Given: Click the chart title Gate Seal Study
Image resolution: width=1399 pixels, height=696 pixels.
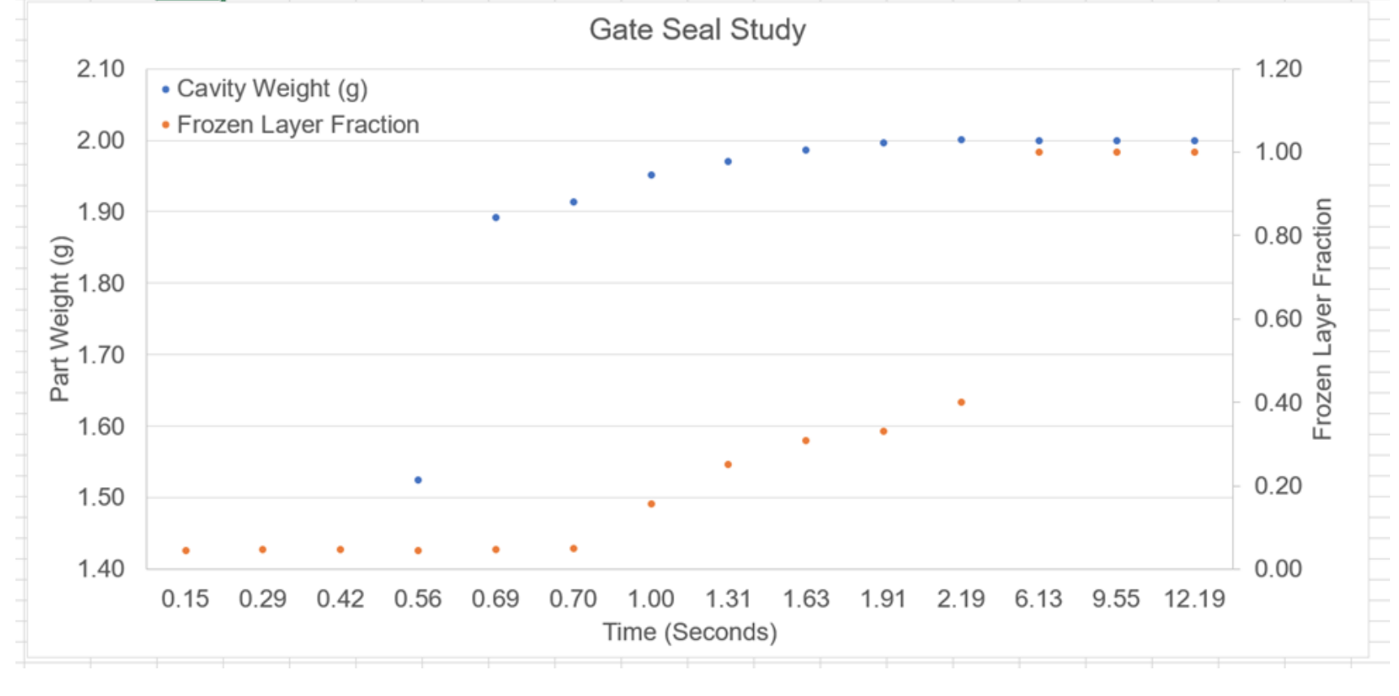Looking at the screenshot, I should click(697, 30).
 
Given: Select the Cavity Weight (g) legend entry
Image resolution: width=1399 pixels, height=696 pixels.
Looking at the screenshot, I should click(271, 89).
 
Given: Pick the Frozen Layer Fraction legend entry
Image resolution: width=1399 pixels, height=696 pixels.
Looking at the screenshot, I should click(297, 125).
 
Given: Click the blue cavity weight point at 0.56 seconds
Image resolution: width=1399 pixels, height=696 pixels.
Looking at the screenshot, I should click(418, 481).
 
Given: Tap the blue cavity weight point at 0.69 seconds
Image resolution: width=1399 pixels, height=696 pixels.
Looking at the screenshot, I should click(496, 218).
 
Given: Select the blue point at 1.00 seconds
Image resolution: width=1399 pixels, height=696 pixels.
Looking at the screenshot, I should click(651, 176).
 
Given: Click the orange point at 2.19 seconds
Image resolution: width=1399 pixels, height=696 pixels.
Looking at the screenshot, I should click(961, 402).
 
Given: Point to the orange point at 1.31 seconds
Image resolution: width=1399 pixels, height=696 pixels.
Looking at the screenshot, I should click(728, 465).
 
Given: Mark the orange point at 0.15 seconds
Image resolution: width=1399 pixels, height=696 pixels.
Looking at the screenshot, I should click(186, 551).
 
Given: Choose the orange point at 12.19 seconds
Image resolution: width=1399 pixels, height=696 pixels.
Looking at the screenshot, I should click(1194, 153).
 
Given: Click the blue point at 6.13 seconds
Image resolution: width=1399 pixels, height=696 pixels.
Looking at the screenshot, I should click(1039, 141).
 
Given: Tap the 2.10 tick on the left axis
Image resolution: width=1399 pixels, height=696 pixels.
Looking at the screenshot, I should click(101, 69).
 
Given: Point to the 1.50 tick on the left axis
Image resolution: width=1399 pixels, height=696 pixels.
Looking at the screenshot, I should click(101, 498).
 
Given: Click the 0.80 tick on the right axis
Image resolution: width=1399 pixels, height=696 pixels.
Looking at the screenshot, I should click(1278, 236).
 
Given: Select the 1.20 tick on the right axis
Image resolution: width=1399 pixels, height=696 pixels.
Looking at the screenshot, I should click(1278, 69).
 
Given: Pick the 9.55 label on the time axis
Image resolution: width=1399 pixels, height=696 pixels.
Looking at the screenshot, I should click(1115, 600).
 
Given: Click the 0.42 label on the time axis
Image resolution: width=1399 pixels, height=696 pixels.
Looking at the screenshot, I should click(340, 600).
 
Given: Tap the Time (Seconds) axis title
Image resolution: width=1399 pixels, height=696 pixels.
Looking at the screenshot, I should click(690, 633).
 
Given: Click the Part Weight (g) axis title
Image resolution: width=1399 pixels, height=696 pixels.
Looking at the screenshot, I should click(60, 319).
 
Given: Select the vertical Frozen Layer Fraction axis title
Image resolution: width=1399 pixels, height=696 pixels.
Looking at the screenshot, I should click(1322, 319).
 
